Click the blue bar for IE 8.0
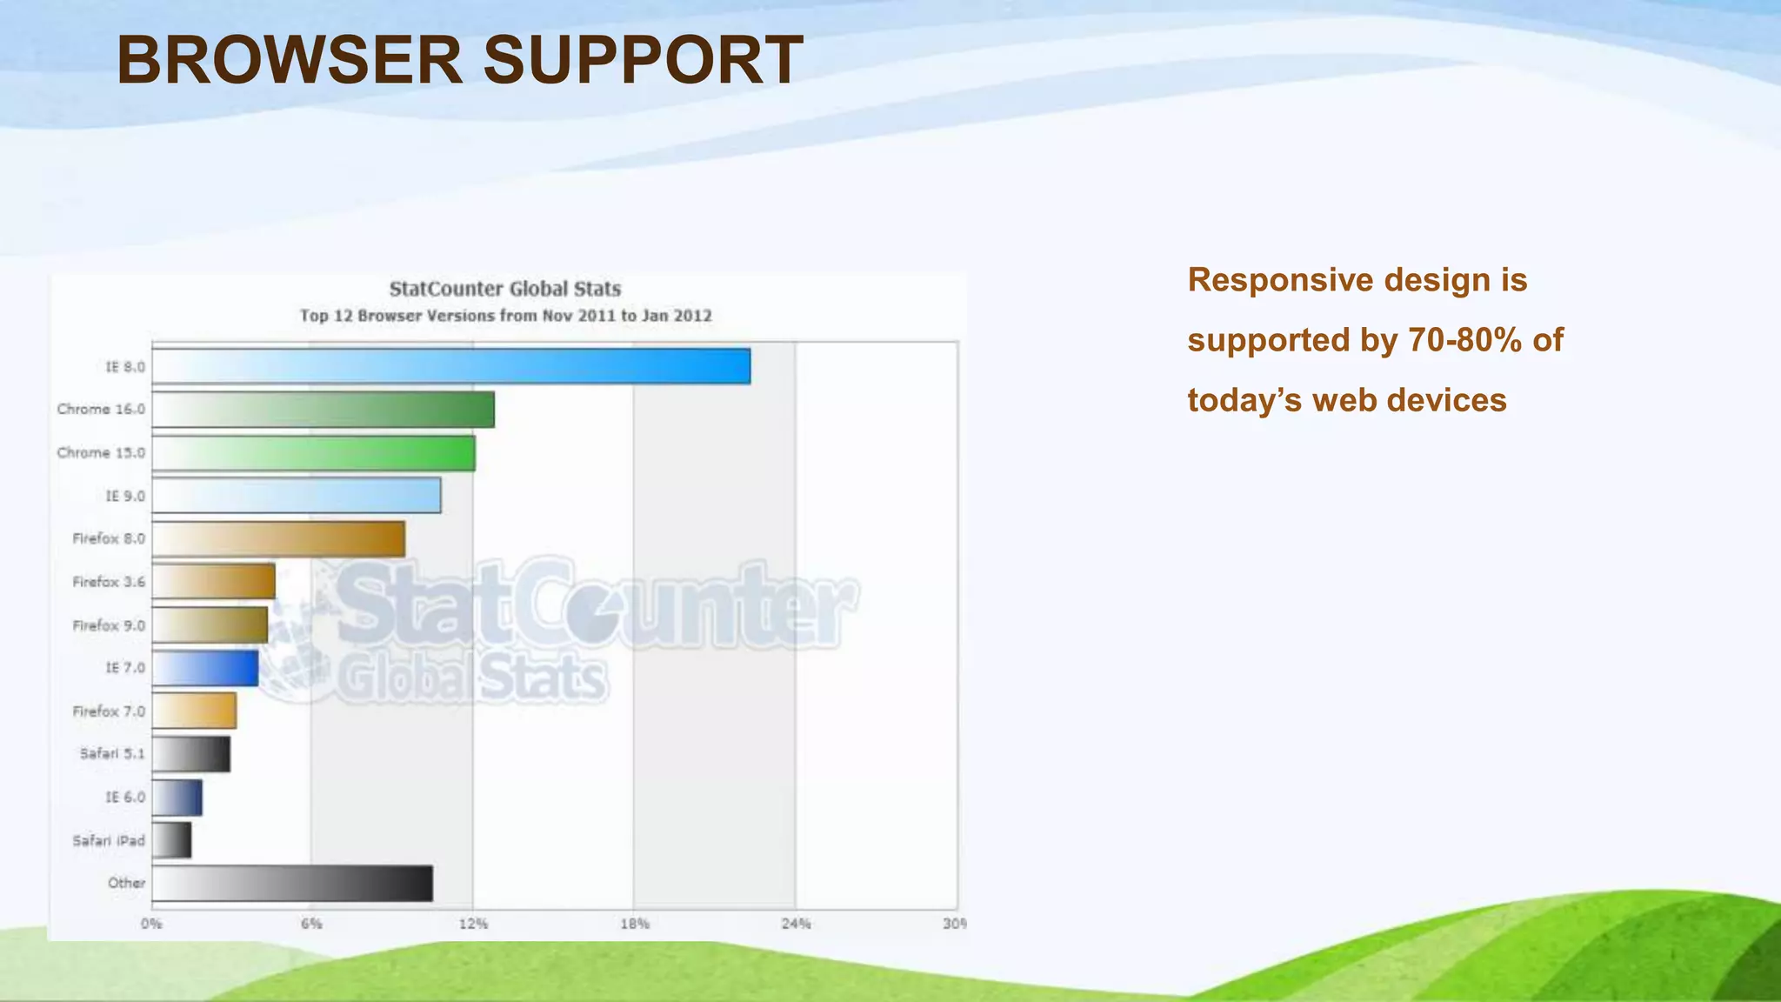450,366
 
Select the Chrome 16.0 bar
323,409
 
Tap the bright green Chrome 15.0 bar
313,452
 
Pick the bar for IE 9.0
296,495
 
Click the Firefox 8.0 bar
278,538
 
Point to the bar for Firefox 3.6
213,581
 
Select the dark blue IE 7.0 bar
205,668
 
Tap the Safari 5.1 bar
191,754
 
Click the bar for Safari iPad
171,840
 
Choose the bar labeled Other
292,883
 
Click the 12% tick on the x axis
473,924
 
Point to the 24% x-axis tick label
796,924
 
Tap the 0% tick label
151,924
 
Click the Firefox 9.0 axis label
109,625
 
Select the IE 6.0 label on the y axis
125,798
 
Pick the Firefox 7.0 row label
109,711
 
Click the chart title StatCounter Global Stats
505,289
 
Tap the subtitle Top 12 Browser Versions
505,316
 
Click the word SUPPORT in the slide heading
643,61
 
